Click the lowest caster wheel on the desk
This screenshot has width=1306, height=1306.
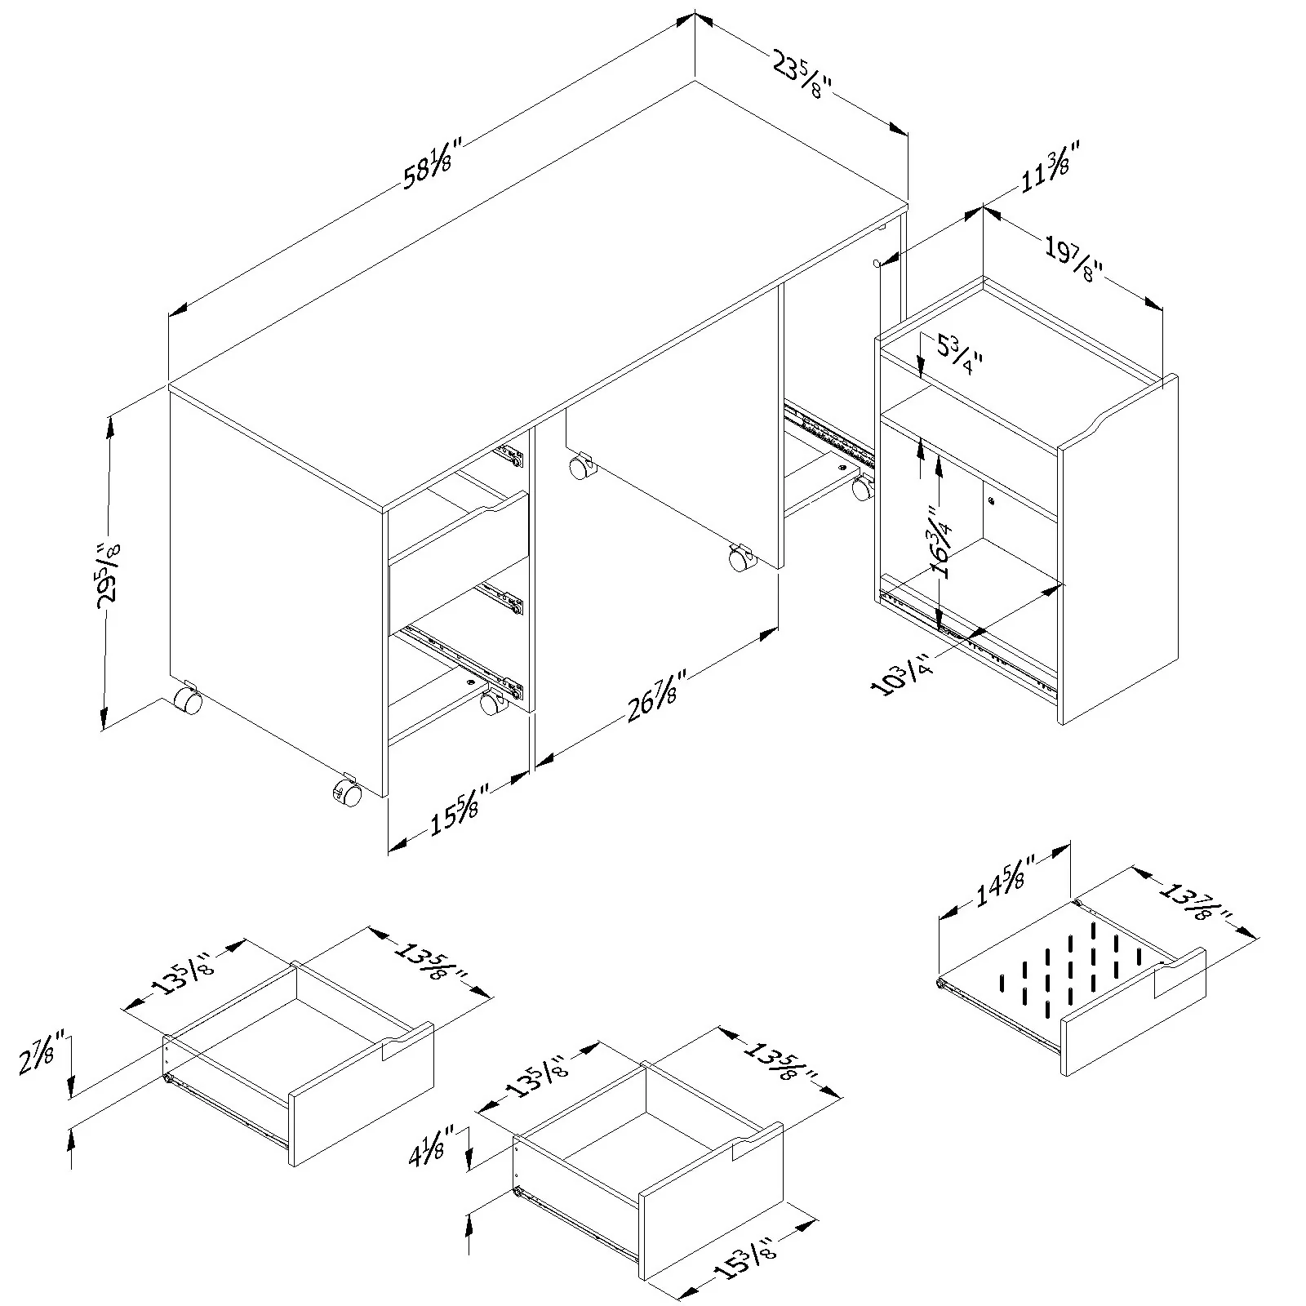point(346,793)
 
